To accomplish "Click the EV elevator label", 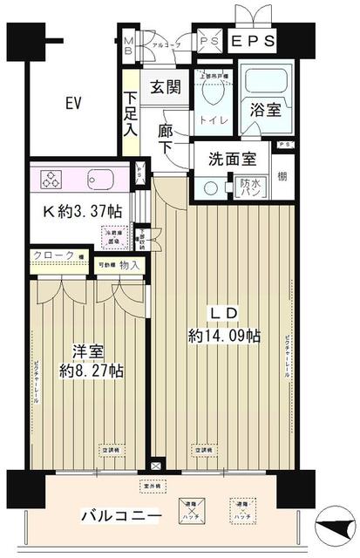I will [x=72, y=104].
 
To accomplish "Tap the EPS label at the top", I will [x=253, y=41].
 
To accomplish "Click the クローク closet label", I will [x=51, y=255].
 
